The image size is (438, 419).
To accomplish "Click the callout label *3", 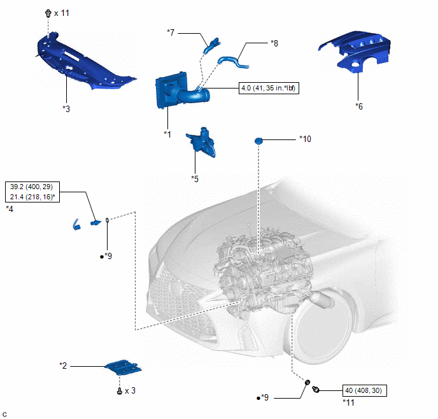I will pos(66,108).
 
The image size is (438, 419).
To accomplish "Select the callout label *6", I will pos(360,106).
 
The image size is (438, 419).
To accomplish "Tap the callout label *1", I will pos(167,134).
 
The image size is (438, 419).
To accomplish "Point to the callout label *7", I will pos(171,31).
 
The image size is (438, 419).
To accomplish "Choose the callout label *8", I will pos(274,43).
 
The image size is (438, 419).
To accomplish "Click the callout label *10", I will pos(306,138).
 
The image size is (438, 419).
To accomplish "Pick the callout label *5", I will pos(195,179).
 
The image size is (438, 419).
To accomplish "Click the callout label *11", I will pos(350,402).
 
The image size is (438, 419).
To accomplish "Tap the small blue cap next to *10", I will pos(259,140).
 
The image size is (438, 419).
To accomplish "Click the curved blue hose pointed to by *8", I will pos(233,62).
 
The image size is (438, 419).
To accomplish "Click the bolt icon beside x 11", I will pos(48,13).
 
